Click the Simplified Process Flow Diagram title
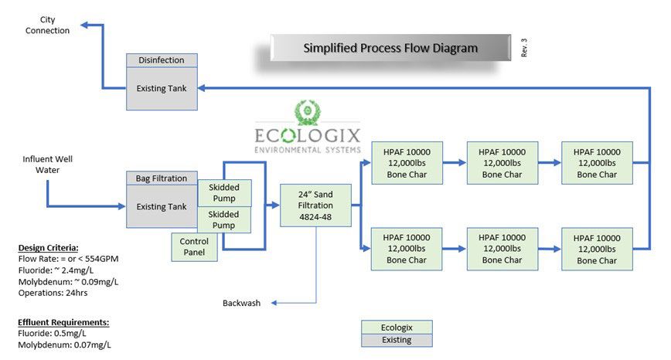pyautogui.click(x=390, y=48)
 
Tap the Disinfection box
pyautogui.click(x=162, y=60)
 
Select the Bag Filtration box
pyautogui.click(x=162, y=178)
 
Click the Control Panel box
pyautogui.click(x=194, y=246)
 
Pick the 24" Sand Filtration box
pyautogui.click(x=315, y=205)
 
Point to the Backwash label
pyautogui.click(x=242, y=303)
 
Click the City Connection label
pyautogui.click(x=47, y=25)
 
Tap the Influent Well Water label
pyautogui.click(x=47, y=165)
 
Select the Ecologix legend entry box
pyautogui.click(x=397, y=327)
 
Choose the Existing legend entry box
pyautogui.click(x=397, y=340)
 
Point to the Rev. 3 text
pyautogui.click(x=524, y=48)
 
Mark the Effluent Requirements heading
pyautogui.click(x=63, y=322)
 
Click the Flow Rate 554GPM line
pyautogui.click(x=69, y=259)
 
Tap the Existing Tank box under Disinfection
pyautogui.click(x=162, y=89)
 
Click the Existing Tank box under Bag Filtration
pyautogui.click(x=162, y=207)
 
